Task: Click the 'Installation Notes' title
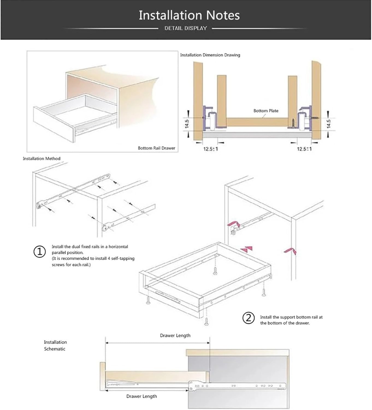pyautogui.click(x=189, y=15)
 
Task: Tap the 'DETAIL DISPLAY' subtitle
pyautogui.click(x=185, y=28)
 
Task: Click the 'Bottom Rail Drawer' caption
pyautogui.click(x=156, y=148)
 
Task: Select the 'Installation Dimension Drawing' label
pyautogui.click(x=210, y=55)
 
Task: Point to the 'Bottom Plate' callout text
pyautogui.click(x=266, y=111)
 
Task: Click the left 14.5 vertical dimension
pyautogui.click(x=187, y=124)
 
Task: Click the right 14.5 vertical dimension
pyautogui.click(x=329, y=124)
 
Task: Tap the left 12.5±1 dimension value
pyautogui.click(x=211, y=149)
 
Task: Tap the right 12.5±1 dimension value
pyautogui.click(x=304, y=149)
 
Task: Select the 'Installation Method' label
pyautogui.click(x=42, y=159)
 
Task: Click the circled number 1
pyautogui.click(x=40, y=251)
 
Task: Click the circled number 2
pyautogui.click(x=249, y=318)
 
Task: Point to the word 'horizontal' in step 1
pyautogui.click(x=118, y=247)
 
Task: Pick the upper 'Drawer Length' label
pyautogui.click(x=175, y=335)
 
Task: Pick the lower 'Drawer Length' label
pyautogui.click(x=141, y=396)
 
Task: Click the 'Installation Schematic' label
pyautogui.click(x=55, y=345)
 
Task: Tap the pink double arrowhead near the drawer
pyautogui.click(x=247, y=249)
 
